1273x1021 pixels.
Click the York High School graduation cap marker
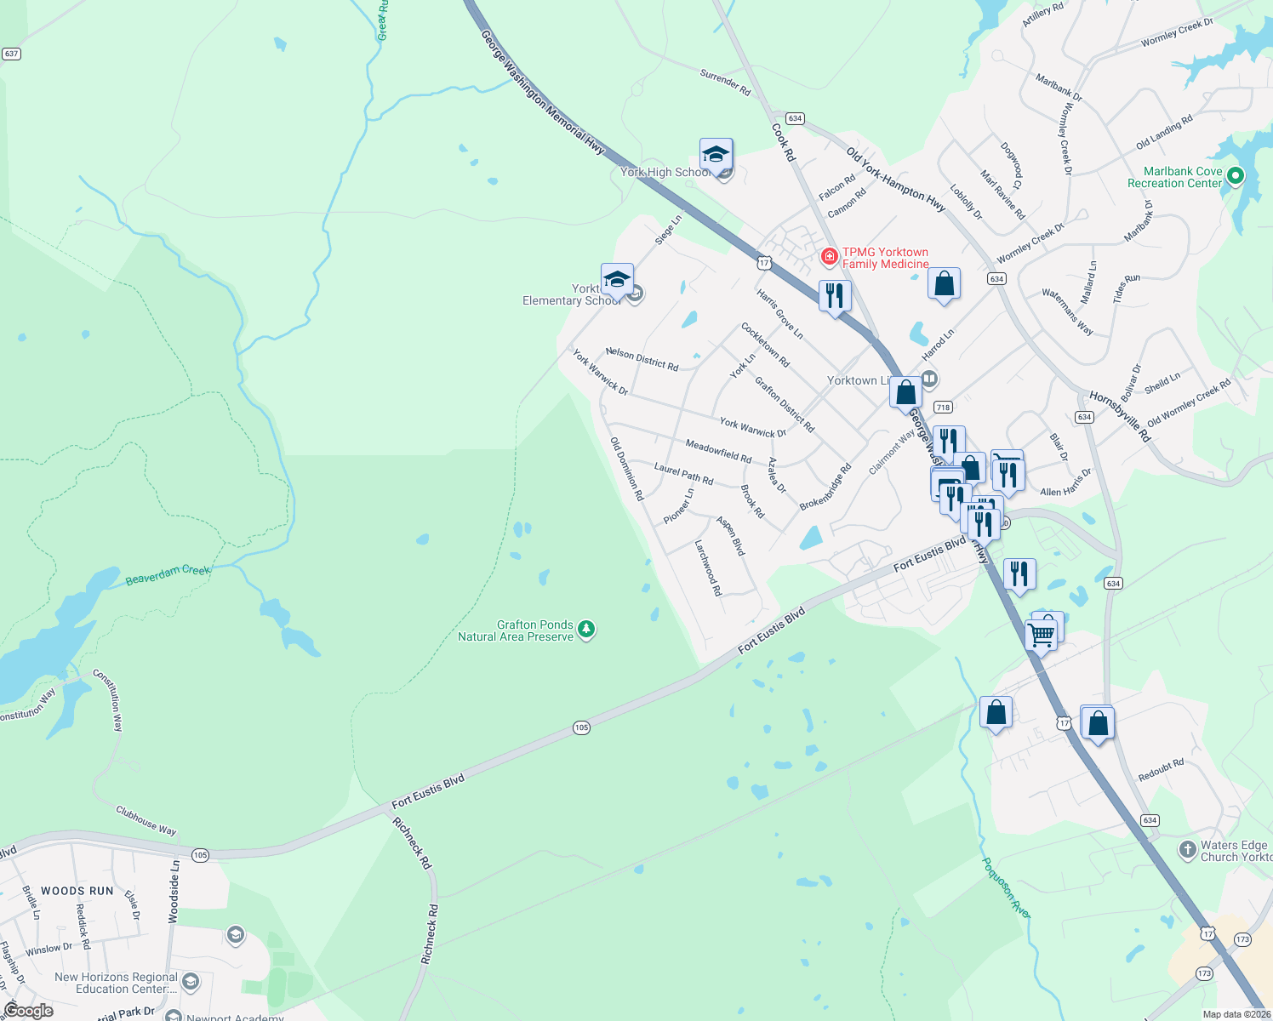pos(716,156)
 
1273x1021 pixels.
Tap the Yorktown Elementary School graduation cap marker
pos(617,280)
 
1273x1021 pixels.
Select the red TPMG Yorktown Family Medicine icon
pos(829,256)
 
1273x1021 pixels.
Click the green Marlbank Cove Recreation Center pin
pos(1236,176)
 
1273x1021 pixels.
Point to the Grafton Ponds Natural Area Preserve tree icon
pos(585,630)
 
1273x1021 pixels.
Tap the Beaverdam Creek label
pos(168,575)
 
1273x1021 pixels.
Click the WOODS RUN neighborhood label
pos(77,891)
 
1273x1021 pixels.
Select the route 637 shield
pos(11,54)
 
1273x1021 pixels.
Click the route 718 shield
pos(942,408)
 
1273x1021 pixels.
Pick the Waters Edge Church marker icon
pos(1187,849)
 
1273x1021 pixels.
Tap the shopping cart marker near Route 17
pos(1042,634)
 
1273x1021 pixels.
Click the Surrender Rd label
pos(725,82)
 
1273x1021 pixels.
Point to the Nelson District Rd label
pos(642,359)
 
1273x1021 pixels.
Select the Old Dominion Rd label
pos(627,468)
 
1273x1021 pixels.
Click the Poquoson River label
pos(1007,887)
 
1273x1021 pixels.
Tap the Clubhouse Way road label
pos(146,820)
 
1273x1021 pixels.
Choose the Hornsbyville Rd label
pos(1120,416)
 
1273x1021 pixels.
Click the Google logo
pos(28,1011)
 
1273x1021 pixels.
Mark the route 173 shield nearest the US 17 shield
pos(1242,939)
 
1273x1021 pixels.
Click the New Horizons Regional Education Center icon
pos(191,982)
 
